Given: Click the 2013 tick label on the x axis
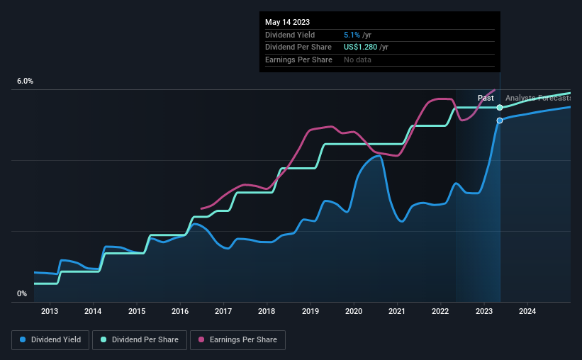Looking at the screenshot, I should coord(50,311).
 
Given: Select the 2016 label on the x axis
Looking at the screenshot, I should coord(180,311).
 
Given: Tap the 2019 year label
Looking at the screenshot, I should coord(310,311).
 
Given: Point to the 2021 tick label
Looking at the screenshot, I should coord(397,311).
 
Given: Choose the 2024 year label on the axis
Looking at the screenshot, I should coord(527,311).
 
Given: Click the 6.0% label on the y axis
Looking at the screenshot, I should coord(25,81).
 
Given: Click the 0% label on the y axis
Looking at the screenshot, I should coord(22,293).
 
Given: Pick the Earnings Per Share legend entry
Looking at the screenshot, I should coord(239,340).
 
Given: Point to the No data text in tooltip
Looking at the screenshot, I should coord(357,60).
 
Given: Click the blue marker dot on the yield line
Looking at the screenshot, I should coord(500,120).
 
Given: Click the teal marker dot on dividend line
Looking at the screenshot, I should coord(500,107).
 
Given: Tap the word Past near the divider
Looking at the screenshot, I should coord(486,98).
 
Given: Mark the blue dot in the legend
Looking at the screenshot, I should coord(23,340).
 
